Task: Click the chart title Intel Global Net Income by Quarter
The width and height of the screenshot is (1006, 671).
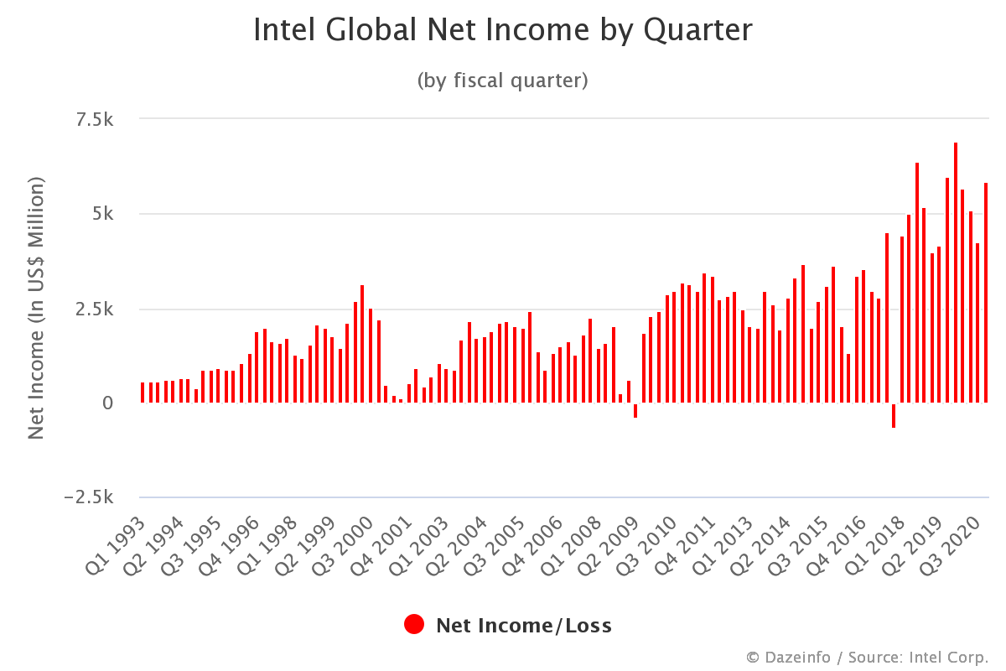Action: coord(502,30)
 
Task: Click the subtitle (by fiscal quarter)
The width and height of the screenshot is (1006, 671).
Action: coord(502,81)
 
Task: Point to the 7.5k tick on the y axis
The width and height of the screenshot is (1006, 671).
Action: coord(94,120)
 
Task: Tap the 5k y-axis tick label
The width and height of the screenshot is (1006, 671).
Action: coord(103,215)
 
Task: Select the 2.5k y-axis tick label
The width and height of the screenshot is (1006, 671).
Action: coord(94,309)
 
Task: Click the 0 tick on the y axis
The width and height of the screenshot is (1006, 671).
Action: coord(108,403)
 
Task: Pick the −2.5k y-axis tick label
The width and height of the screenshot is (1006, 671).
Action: coord(89,498)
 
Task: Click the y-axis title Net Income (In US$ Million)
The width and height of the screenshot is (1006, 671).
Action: coord(35,308)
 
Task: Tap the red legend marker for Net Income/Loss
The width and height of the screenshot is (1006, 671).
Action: coord(414,625)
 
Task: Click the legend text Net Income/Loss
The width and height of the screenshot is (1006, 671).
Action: coord(523,626)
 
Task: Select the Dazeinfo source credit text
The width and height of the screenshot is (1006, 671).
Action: coord(867,657)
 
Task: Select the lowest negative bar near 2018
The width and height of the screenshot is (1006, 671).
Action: coord(894,416)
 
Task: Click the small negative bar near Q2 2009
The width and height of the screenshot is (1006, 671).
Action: coord(635,411)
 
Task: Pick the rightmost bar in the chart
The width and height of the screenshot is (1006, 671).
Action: coord(986,293)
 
